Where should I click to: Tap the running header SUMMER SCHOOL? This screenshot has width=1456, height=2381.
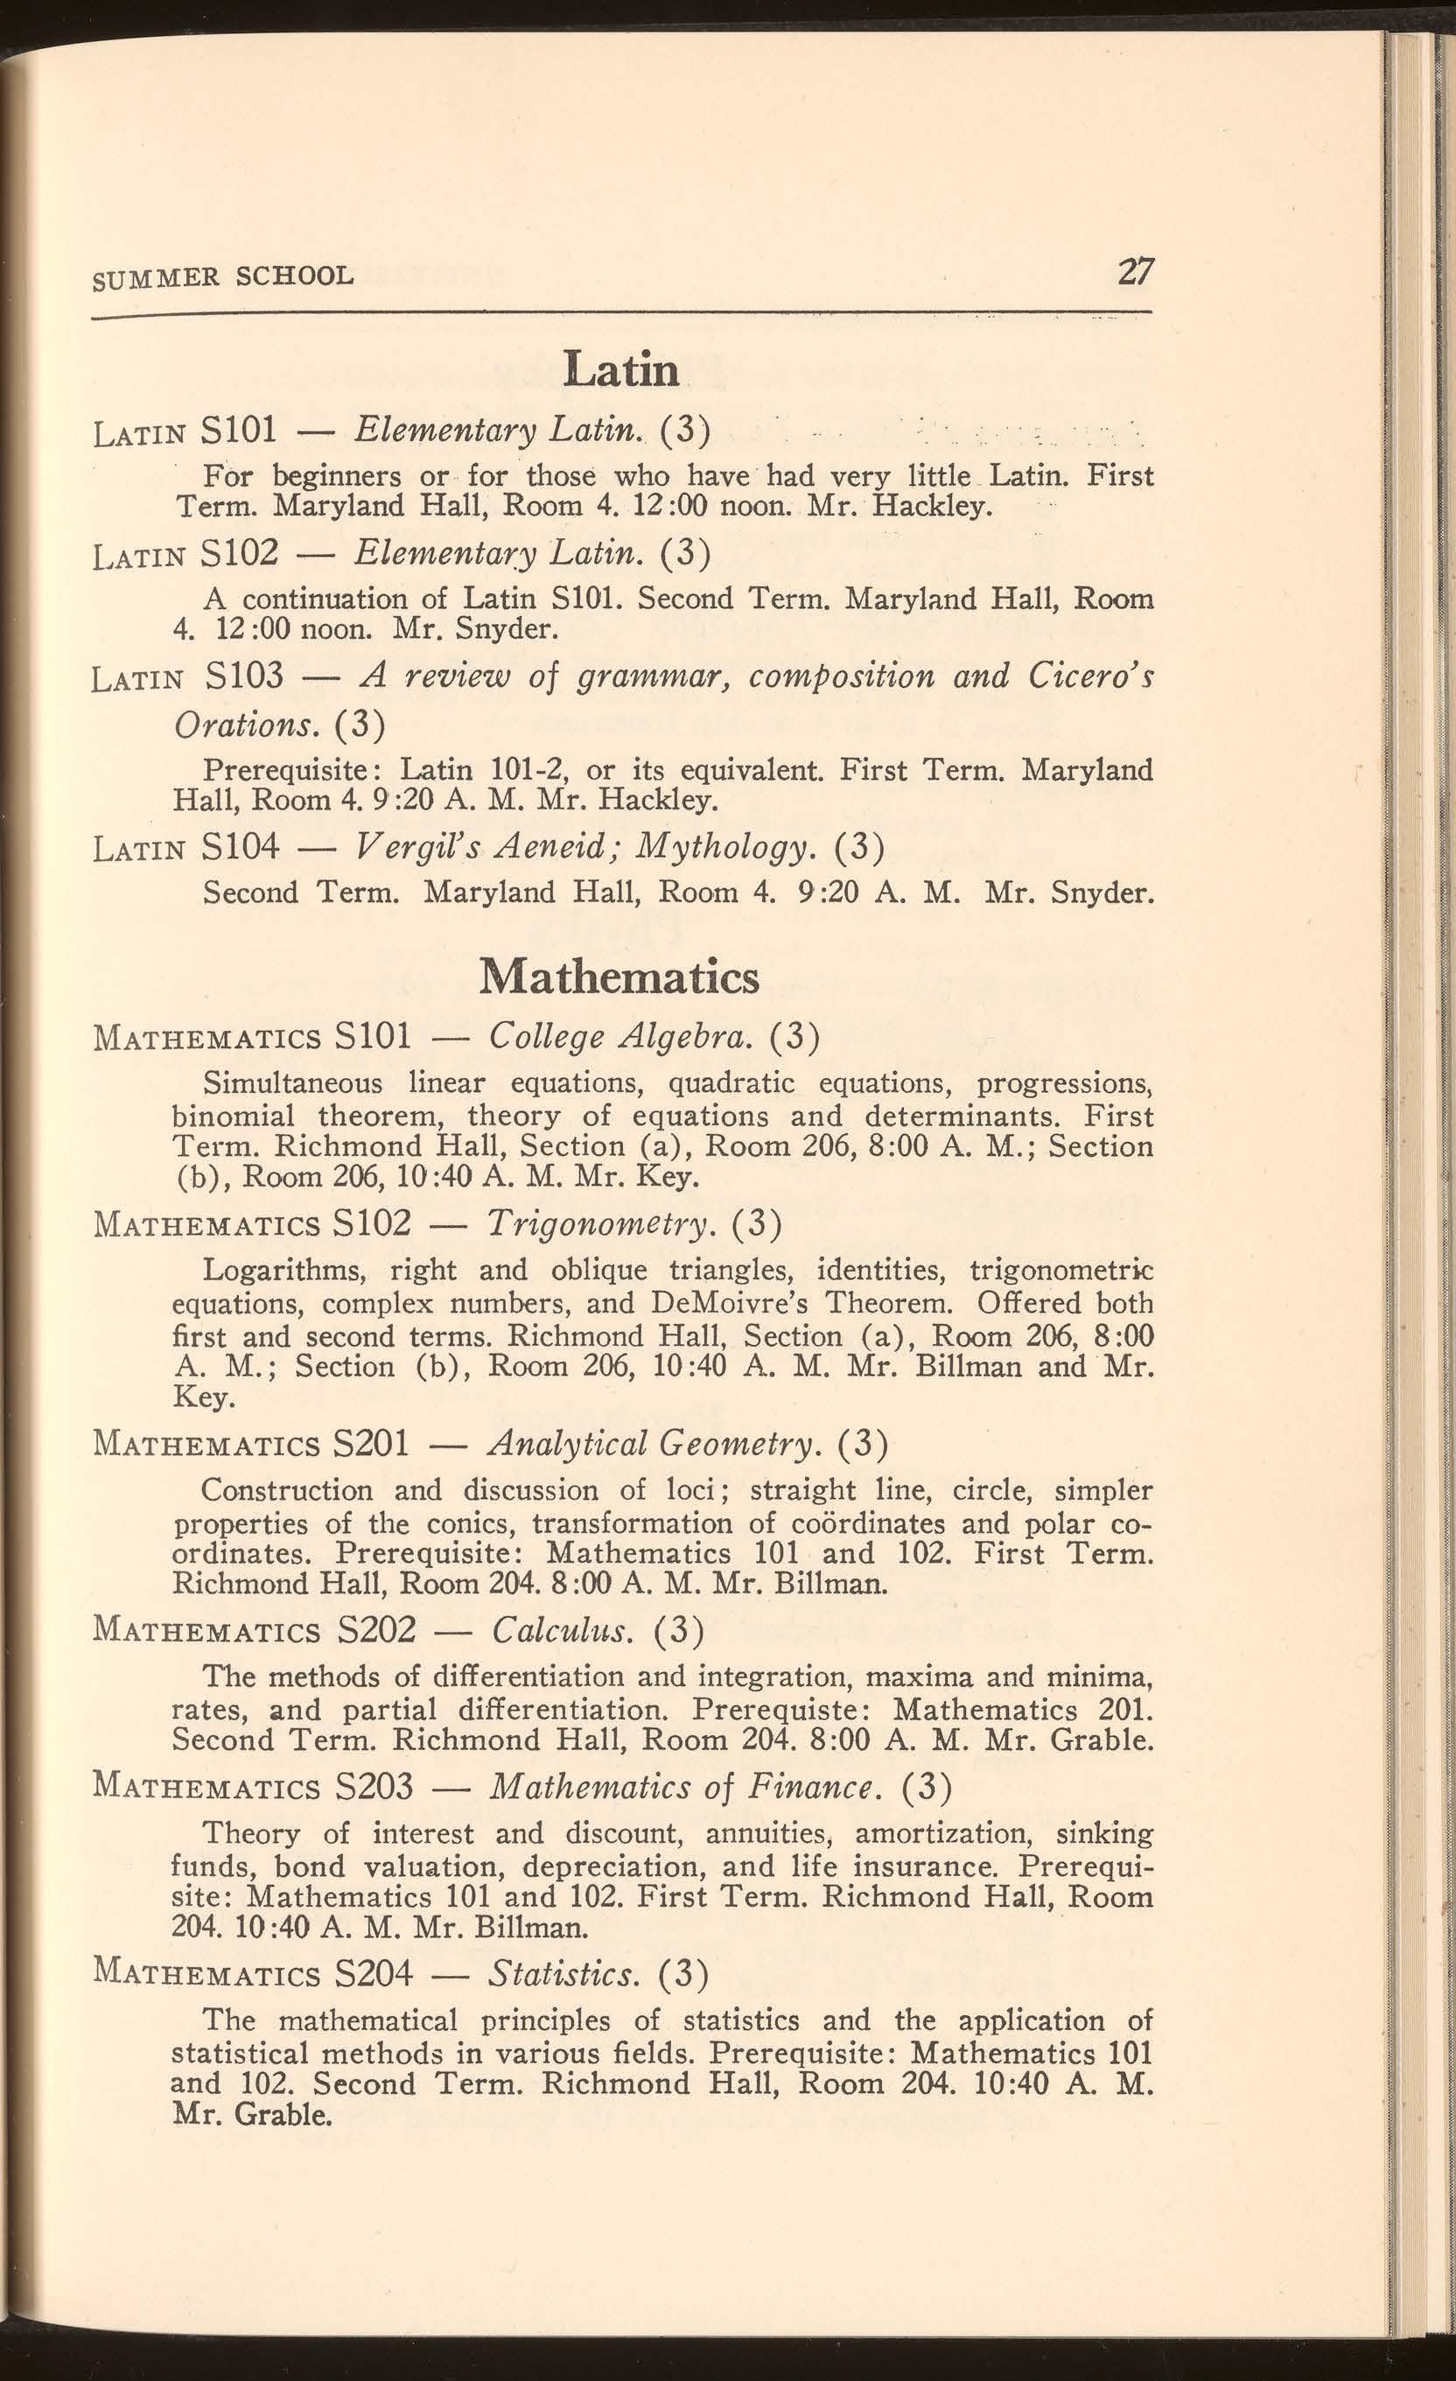click(x=223, y=277)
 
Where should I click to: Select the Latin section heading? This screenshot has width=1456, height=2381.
click(x=622, y=369)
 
